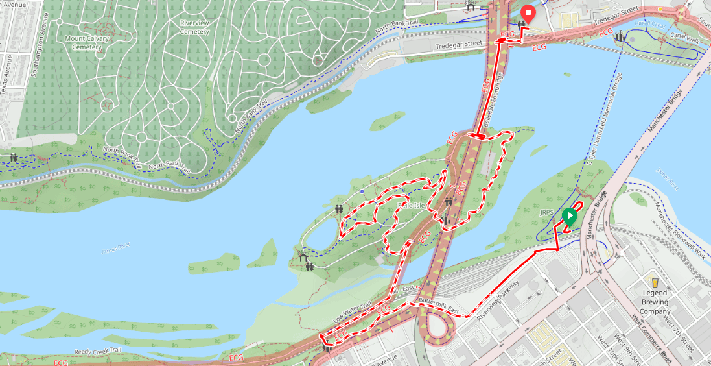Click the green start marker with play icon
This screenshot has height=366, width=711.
(570, 216)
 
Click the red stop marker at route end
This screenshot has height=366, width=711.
(528, 14)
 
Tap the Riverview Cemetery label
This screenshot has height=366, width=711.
(194, 27)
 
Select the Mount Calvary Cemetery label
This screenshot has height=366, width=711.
(87, 42)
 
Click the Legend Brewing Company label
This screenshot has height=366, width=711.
(655, 302)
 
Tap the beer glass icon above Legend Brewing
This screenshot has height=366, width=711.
(655, 283)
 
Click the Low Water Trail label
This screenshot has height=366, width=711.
(353, 313)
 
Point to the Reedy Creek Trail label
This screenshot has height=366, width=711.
(97, 351)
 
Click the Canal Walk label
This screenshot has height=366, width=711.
(684, 40)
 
